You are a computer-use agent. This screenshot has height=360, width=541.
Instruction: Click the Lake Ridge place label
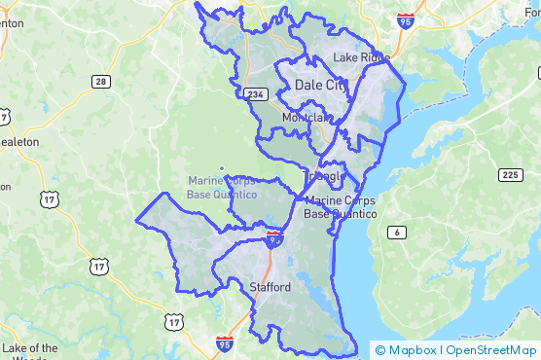[x=361, y=57]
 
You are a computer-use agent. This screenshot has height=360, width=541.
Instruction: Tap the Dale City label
[x=320, y=86]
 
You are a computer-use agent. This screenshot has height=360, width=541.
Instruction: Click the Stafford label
[x=270, y=288]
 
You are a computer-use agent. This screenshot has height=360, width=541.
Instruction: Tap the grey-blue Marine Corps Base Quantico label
[x=222, y=188]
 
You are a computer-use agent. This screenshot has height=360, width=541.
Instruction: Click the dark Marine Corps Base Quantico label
[x=340, y=207]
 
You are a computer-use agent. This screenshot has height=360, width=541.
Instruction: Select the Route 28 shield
[x=101, y=82]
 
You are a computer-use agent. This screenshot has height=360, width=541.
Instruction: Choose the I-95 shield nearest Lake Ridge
[x=405, y=18]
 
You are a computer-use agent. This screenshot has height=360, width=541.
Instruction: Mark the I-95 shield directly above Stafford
[x=274, y=236]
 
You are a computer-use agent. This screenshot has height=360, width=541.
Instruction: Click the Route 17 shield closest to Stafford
[x=173, y=320]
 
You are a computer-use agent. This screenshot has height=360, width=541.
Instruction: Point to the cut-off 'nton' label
[x=12, y=23]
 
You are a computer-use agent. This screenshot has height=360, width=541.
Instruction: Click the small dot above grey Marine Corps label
[x=222, y=168]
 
